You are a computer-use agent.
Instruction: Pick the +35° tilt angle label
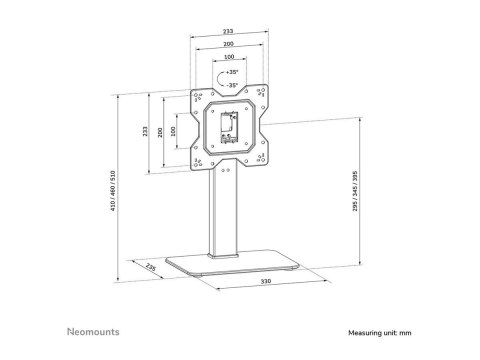(x=232, y=72)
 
